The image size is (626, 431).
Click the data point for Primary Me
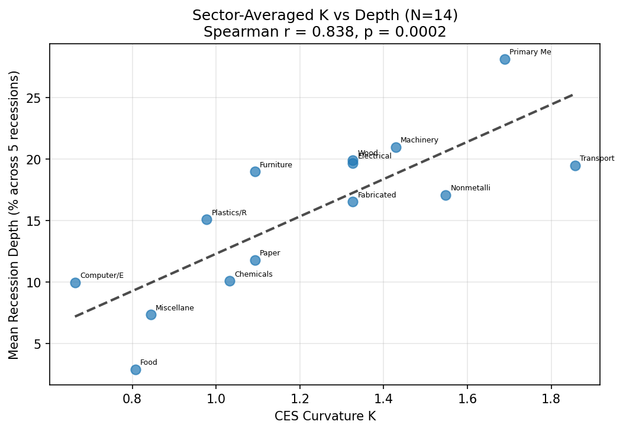tap(505, 59)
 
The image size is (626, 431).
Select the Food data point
tap(135, 370)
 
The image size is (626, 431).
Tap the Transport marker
tap(575, 166)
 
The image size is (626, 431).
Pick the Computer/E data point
tap(75, 283)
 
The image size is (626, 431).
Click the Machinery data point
tap(396, 147)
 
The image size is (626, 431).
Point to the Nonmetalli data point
tap(446, 195)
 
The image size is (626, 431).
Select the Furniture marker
tap(255, 171)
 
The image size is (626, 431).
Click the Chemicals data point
tap(230, 281)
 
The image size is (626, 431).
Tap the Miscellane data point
tap(151, 315)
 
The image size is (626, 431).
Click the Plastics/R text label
tap(229, 213)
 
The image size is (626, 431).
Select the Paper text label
tap(270, 253)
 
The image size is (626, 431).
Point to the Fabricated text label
tap(377, 195)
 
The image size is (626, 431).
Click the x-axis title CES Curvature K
tap(325, 416)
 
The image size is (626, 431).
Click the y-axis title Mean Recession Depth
tap(14, 214)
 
